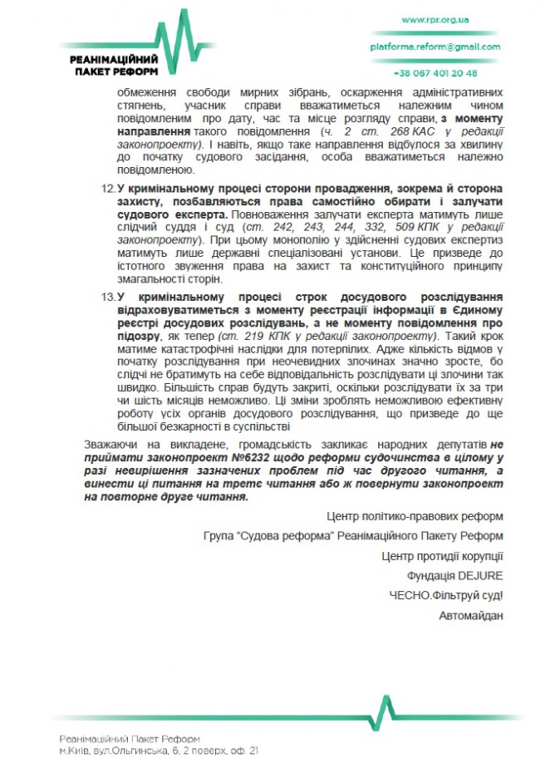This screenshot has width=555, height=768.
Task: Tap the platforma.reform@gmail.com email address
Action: tap(436, 47)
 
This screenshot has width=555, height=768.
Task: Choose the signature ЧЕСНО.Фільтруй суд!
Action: tap(446, 595)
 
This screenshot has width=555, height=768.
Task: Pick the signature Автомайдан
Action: tap(471, 615)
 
